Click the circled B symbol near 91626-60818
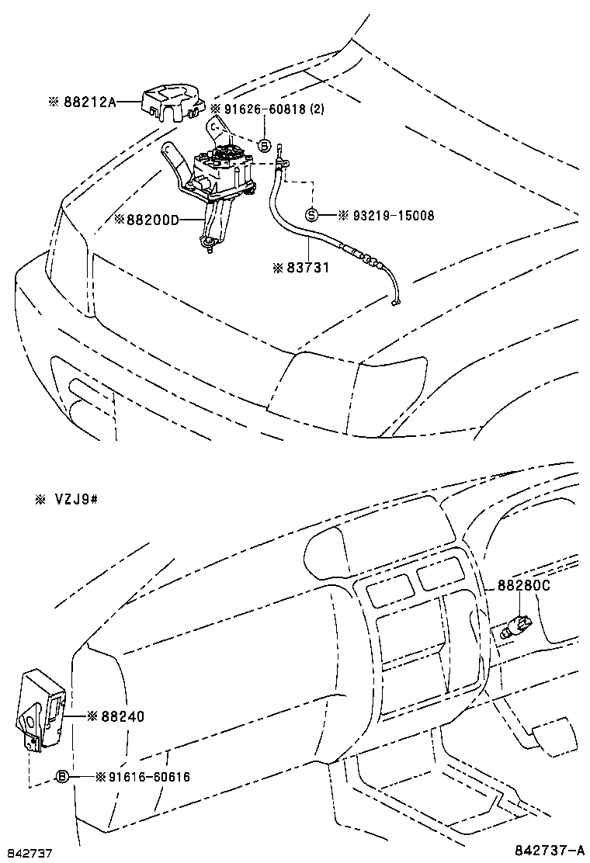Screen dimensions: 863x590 click(264, 145)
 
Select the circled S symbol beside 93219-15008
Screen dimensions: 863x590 click(311, 215)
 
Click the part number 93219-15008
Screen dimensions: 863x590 click(380, 215)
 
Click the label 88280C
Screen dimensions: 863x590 click(523, 587)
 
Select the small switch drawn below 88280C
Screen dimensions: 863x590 click(516, 624)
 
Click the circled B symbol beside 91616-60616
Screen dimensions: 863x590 click(63, 776)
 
